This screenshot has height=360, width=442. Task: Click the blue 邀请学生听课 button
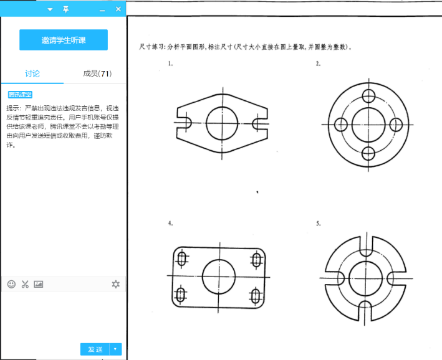pos(63,40)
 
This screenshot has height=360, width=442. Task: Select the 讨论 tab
pos(32,73)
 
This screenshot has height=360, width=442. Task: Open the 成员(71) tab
pos(97,73)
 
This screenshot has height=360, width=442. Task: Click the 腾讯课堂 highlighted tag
pos(20,95)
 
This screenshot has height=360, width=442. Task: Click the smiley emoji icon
pos(11,284)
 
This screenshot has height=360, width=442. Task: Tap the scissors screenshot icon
pos(25,284)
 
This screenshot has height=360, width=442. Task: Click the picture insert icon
pos(39,284)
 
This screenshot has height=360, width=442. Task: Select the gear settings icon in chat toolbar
pos(115,284)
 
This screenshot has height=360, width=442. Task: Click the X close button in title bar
pos(118,9)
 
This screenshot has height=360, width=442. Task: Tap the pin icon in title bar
pos(66,9)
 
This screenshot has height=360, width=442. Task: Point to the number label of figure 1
pos(170,64)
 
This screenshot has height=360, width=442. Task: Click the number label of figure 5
pos(318,223)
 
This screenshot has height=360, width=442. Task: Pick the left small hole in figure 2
pos(340,124)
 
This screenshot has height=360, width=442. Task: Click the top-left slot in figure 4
pos(182,257)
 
